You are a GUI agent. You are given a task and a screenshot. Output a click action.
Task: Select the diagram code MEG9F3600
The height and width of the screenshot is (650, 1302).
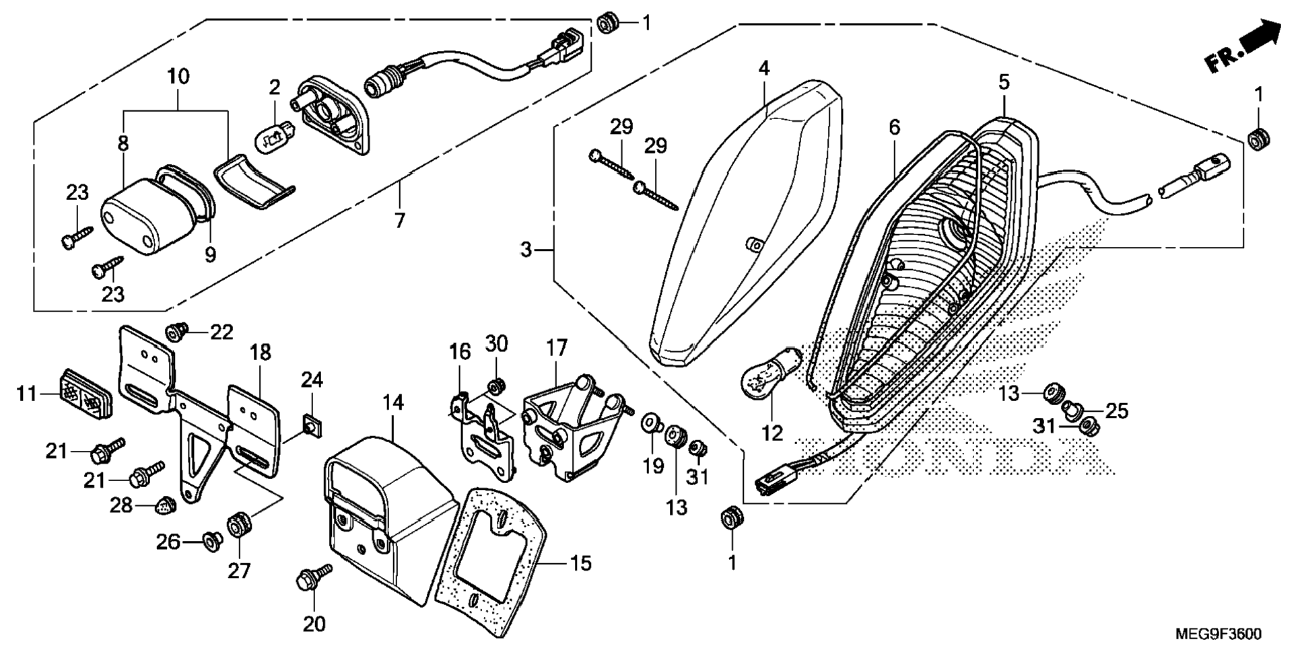(x=1218, y=635)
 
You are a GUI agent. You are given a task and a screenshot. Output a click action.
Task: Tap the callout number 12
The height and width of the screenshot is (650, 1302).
(x=773, y=433)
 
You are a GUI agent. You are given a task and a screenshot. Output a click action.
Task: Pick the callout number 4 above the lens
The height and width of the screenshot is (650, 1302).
(x=763, y=68)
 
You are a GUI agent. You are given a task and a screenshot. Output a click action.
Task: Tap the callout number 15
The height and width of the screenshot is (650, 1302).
(x=580, y=563)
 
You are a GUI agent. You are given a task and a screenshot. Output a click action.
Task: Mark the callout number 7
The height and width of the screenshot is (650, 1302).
(x=400, y=220)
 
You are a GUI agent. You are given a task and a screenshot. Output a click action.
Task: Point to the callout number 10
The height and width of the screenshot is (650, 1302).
(x=178, y=76)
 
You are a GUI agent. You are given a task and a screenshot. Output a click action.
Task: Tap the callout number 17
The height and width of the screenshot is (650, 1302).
(x=557, y=348)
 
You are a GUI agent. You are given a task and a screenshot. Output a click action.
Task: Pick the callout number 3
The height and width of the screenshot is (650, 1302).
(x=526, y=250)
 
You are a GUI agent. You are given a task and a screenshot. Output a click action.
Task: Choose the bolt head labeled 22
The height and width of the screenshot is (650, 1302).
(x=176, y=330)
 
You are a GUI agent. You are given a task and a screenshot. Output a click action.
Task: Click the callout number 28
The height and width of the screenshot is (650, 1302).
(x=121, y=505)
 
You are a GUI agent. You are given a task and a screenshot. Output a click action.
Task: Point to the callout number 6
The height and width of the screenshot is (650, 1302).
(x=894, y=127)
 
